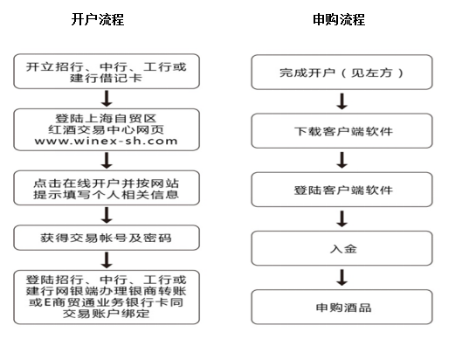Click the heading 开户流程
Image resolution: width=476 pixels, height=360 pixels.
click(x=98, y=19)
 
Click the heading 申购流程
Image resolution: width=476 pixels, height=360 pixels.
click(x=339, y=19)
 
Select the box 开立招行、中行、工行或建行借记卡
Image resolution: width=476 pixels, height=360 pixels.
click(x=107, y=72)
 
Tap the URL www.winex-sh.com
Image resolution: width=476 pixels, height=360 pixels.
click(x=106, y=142)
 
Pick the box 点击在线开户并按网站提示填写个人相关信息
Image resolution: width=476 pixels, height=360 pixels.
click(x=107, y=188)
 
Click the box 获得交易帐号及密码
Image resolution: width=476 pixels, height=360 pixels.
click(x=107, y=238)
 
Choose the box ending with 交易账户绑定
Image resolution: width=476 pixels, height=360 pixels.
click(x=107, y=297)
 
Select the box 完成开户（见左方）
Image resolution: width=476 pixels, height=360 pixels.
click(x=341, y=73)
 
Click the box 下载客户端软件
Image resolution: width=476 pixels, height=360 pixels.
click(x=341, y=131)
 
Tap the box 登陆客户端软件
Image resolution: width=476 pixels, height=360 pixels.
click(x=341, y=190)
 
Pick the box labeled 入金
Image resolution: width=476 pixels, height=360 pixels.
click(x=341, y=248)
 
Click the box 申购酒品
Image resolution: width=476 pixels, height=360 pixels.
click(x=341, y=307)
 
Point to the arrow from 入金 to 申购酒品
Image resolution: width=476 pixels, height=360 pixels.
click(x=342, y=277)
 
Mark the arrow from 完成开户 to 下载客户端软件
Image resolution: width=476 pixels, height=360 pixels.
click(x=342, y=101)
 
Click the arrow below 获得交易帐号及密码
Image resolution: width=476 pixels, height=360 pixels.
click(x=107, y=260)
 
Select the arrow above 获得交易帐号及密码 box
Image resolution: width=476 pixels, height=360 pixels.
click(x=107, y=215)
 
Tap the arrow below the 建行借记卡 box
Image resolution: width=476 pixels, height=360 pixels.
click(x=107, y=99)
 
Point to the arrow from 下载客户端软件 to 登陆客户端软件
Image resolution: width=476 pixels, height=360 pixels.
click(x=342, y=160)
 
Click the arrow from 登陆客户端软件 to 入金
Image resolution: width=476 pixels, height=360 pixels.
click(x=342, y=218)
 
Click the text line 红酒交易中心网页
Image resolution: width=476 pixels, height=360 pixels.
click(x=106, y=129)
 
